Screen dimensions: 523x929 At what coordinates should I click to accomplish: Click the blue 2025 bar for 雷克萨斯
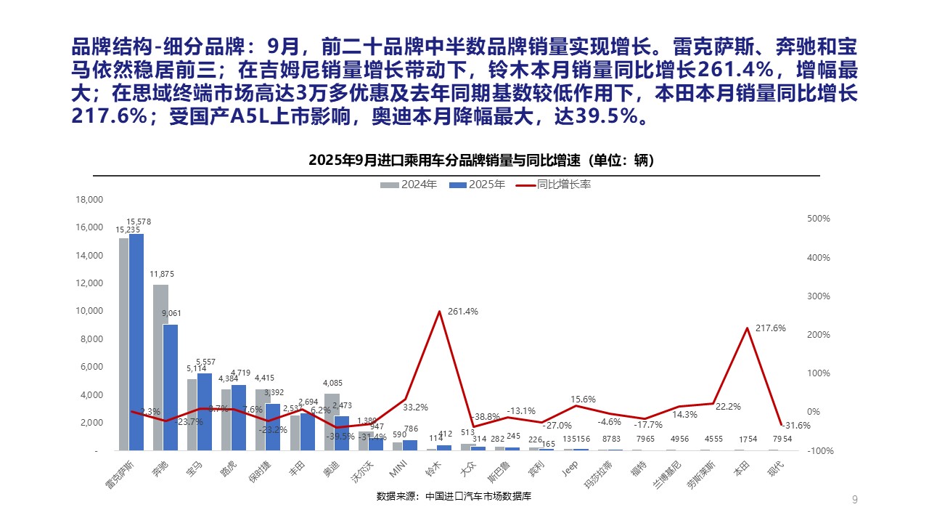point(136,341)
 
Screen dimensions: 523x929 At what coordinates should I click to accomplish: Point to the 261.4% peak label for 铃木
point(462,312)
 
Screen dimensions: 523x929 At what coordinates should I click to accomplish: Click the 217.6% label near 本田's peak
point(770,328)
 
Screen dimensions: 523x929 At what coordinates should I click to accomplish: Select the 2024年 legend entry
point(409,185)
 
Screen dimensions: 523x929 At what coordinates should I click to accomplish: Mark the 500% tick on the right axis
point(818,219)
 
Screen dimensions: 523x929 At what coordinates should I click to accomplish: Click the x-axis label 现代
point(777,467)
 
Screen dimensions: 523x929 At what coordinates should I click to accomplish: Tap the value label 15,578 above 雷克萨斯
point(139,222)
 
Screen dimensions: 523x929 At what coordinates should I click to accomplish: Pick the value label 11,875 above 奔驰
point(162,274)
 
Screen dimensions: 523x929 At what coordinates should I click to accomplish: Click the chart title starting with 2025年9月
point(457,160)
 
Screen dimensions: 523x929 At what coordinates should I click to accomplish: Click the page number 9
point(855,499)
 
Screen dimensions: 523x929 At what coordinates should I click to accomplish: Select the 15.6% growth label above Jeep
point(584,400)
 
